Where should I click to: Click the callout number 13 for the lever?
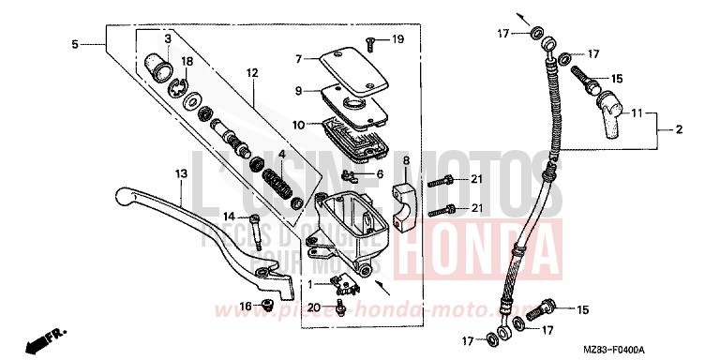coord(181,174)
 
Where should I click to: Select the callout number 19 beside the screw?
coord(397,38)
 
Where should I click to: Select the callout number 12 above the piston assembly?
coord(251,73)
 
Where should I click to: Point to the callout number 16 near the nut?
coord(244,306)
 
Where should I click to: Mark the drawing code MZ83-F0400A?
coord(668,349)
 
